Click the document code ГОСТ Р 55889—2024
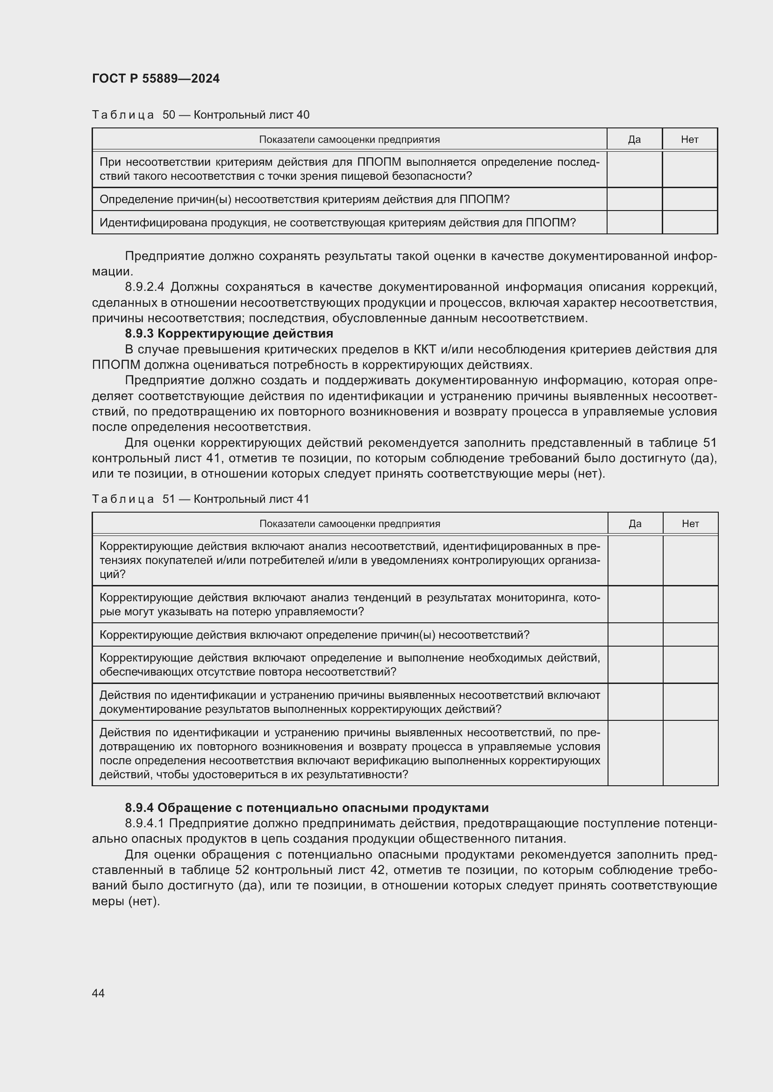[x=156, y=78]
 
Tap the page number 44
[x=98, y=993]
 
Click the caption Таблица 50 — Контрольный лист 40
[x=200, y=115]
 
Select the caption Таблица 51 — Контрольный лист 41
[x=200, y=499]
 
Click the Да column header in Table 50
[x=634, y=139]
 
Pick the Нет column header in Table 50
[x=689, y=139]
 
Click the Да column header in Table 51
[x=635, y=524]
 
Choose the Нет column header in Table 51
[x=690, y=524]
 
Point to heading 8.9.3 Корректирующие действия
[x=229, y=333]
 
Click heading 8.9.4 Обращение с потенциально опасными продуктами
[x=307, y=808]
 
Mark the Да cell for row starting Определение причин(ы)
[x=634, y=199]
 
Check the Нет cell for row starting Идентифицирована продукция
[x=689, y=223]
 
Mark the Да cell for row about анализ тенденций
[x=635, y=605]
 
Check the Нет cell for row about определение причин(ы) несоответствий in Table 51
[x=690, y=635]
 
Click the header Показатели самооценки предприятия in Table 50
[x=349, y=139]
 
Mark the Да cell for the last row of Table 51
[x=635, y=753]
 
